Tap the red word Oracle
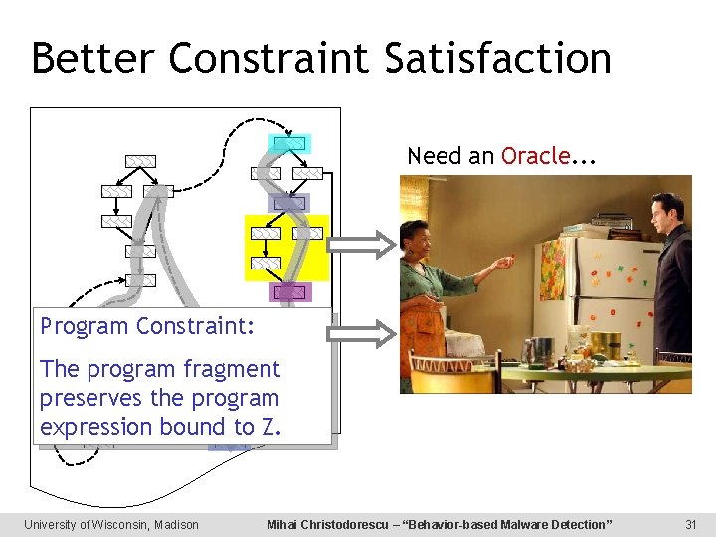(x=535, y=156)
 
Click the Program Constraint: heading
(x=147, y=326)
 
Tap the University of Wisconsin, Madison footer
(x=111, y=524)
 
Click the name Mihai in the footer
(x=285, y=524)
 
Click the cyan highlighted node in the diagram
(x=289, y=143)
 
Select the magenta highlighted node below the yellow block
(x=290, y=292)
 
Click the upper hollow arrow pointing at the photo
(x=362, y=244)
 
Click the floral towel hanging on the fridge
(x=552, y=268)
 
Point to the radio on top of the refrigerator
(x=611, y=221)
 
